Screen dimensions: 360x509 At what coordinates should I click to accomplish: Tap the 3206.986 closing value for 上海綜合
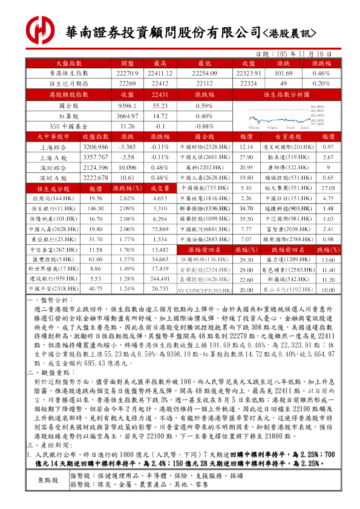point(96,147)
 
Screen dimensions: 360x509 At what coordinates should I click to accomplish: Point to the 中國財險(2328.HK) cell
point(205,147)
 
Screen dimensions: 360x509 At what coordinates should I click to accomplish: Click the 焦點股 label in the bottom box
point(48,480)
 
